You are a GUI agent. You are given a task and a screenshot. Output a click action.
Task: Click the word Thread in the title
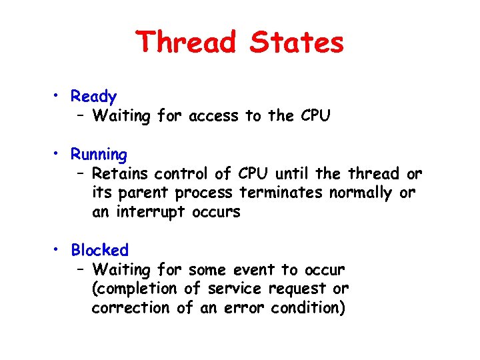tap(186, 42)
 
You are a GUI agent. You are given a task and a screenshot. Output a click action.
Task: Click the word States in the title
tap(297, 42)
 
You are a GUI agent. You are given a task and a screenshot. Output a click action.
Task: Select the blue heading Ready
tap(94, 97)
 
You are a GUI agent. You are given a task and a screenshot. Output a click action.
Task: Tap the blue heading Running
tap(99, 155)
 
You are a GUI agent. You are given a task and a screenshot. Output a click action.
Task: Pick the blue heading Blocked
tap(100, 251)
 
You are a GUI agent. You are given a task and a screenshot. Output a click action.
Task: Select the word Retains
tap(121, 174)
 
